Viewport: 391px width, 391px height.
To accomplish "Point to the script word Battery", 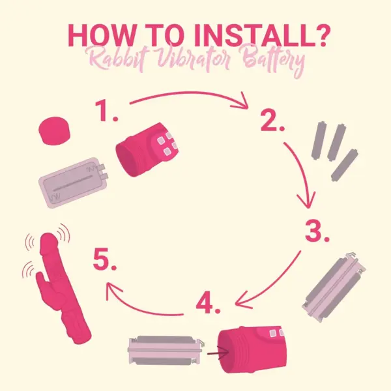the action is point(274,61).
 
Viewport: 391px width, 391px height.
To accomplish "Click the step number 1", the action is point(106,111).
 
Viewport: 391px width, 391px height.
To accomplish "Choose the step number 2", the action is point(272,121).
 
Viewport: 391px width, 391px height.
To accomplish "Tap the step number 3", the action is point(317,231).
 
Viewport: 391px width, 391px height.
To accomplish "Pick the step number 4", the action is point(209,304).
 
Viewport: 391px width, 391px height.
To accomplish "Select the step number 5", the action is point(105,259).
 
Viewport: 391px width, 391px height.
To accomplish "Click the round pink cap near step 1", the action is point(54,131).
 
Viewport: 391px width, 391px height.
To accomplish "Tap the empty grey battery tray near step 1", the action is point(74,182).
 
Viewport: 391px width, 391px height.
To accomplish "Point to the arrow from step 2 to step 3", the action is point(304,172).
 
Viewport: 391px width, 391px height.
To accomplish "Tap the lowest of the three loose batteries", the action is point(345,166).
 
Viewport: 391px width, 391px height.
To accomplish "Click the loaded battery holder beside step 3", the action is point(334,287).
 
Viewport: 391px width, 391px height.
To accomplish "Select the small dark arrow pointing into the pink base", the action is point(218,353).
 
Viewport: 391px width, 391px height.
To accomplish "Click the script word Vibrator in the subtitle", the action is point(194,59).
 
